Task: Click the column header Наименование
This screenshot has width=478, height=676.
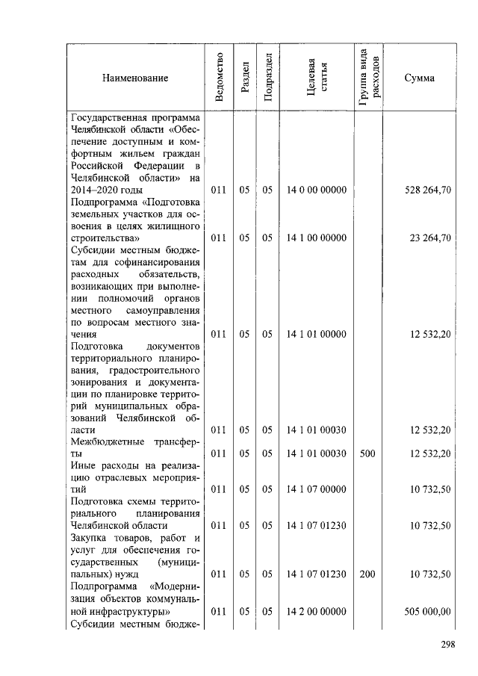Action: click(135, 78)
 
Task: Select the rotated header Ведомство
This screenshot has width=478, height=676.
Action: click(218, 78)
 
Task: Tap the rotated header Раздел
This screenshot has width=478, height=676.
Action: click(244, 78)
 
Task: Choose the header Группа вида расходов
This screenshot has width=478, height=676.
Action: click(369, 78)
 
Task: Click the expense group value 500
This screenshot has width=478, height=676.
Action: click(367, 453)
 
